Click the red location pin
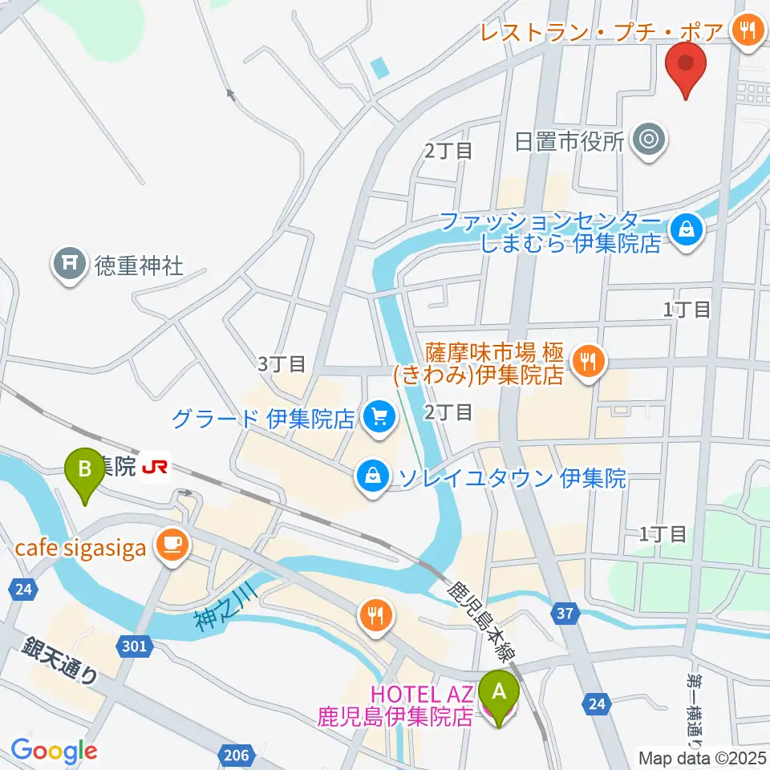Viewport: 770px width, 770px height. click(x=686, y=68)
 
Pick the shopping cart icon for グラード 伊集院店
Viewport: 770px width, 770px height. click(x=379, y=416)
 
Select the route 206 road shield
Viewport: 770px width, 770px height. click(x=233, y=753)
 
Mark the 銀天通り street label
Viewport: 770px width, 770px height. click(x=60, y=659)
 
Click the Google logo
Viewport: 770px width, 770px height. click(x=54, y=751)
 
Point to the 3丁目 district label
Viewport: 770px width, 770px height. click(x=282, y=363)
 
